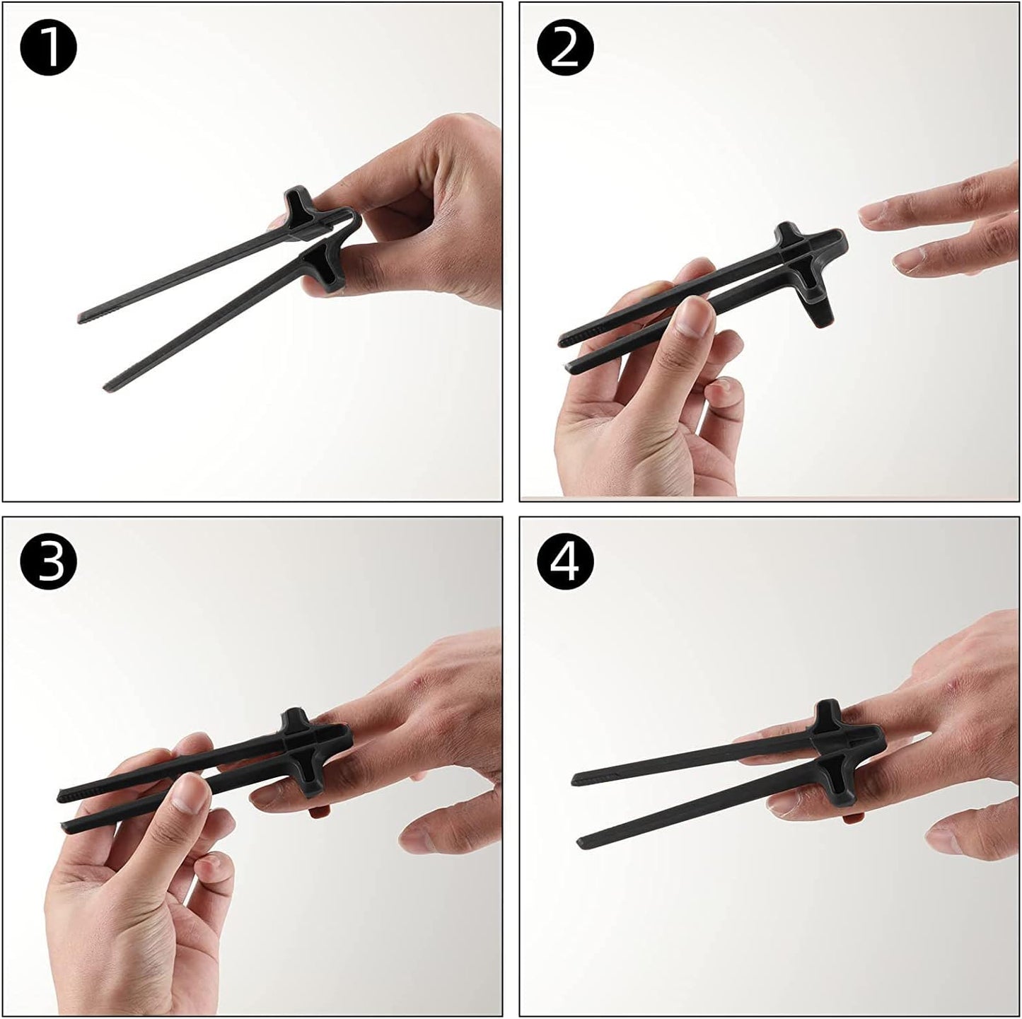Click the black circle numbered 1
point(48,48)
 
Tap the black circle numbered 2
point(565,48)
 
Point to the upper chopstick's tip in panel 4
point(574,780)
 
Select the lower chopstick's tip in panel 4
point(580,843)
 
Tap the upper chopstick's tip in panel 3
point(60,796)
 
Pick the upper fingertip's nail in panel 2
point(874,212)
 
